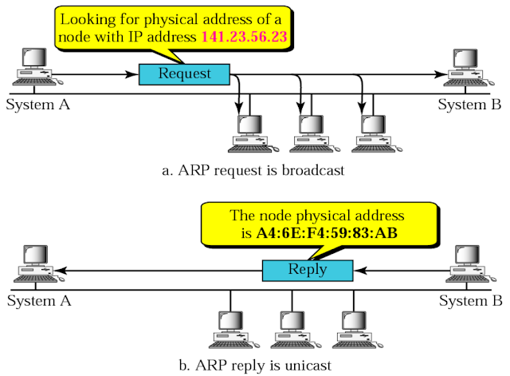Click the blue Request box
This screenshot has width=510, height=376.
[184, 74]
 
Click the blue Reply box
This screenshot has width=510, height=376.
[307, 270]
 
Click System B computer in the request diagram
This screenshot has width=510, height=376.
[468, 70]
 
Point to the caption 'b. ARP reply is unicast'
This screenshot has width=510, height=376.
[254, 366]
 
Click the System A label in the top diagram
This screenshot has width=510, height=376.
[38, 105]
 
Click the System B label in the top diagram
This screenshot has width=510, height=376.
[469, 105]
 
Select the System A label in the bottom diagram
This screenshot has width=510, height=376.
[38, 301]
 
